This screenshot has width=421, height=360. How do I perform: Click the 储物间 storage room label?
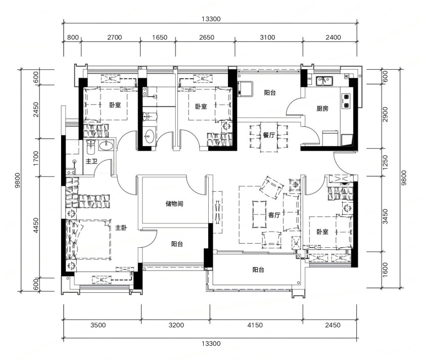click(174, 204)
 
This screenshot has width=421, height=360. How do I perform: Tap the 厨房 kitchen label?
click(322, 109)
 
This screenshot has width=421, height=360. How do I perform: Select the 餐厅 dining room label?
click(269, 135)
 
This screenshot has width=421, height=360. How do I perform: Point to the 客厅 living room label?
click(274, 215)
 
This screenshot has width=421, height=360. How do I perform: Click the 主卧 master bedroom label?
click(121, 228)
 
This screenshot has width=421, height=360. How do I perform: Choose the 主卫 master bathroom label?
click(91, 161)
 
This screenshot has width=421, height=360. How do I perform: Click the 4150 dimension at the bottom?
click(255, 325)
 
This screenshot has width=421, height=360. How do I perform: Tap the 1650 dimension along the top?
click(160, 37)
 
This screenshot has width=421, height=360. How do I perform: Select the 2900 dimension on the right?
click(385, 114)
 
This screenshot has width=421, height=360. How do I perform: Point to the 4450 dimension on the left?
click(36, 225)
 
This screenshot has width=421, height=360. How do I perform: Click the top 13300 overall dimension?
click(211, 19)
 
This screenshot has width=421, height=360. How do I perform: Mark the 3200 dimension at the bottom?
click(176, 325)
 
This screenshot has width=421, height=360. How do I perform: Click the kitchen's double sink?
click(324, 80)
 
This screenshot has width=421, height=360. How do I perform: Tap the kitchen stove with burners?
click(346, 101)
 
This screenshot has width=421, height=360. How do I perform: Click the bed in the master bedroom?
click(88, 240)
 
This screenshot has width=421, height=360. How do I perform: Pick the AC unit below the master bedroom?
click(102, 280)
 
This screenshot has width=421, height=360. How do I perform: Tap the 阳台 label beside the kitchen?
click(270, 93)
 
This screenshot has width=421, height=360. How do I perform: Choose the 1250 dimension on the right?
click(385, 162)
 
